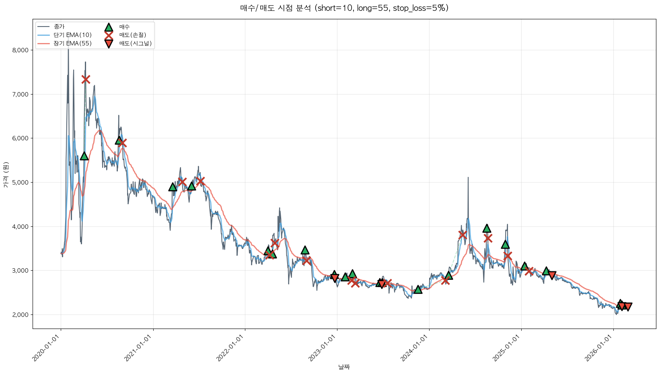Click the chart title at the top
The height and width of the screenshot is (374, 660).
(344, 8)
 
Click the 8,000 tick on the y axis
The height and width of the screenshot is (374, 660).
(20, 50)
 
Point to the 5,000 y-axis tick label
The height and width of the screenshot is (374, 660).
(20, 183)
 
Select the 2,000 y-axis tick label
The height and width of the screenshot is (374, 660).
(20, 315)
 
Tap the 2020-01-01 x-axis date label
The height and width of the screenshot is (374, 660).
(47, 348)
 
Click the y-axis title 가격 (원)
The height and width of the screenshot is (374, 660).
(6, 175)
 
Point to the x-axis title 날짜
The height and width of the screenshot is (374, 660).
(344, 367)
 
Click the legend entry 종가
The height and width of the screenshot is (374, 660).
(59, 27)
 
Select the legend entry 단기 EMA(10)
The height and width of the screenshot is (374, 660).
(73, 35)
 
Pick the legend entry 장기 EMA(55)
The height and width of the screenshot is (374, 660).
(73, 43)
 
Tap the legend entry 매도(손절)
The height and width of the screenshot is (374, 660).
(132, 35)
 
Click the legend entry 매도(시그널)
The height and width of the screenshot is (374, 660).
(135, 43)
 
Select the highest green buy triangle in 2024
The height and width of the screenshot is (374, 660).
(487, 228)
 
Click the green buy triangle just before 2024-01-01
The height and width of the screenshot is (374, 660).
(418, 290)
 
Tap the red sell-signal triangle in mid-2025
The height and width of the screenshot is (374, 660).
(552, 275)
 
